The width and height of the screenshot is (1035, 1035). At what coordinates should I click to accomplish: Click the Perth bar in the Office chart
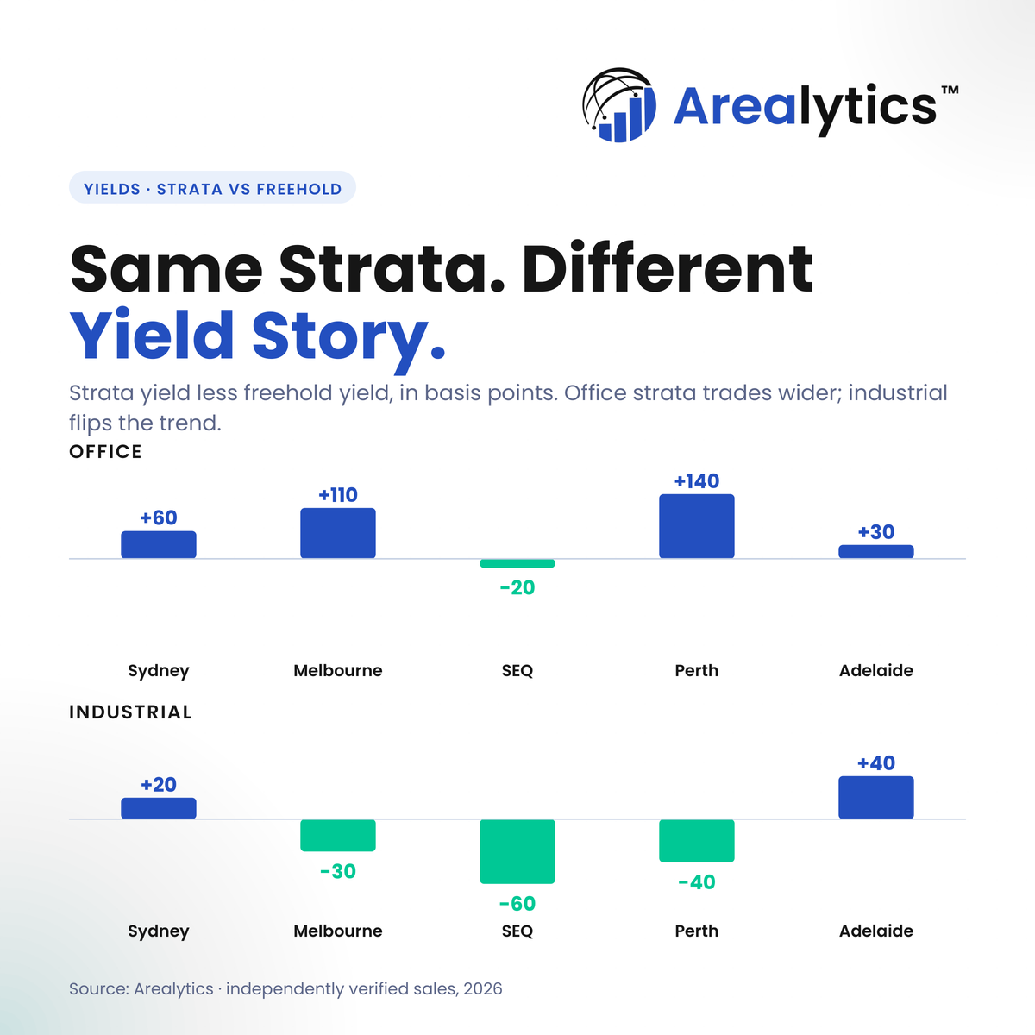pos(697,526)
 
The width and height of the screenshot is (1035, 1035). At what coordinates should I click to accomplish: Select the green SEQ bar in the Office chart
pos(517,563)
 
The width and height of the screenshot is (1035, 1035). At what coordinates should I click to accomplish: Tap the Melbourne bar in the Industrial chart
pos(338,835)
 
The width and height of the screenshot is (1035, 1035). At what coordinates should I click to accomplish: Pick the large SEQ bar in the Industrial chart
pos(517,851)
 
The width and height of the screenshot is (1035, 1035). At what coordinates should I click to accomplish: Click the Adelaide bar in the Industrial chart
pos(876,797)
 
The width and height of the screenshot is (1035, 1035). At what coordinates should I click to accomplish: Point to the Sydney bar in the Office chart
pos(159,544)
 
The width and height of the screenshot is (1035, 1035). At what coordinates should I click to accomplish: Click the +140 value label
pos(697,480)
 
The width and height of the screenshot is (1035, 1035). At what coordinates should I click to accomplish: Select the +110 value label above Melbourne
pos(338,495)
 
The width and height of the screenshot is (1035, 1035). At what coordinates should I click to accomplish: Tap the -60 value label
pos(517,903)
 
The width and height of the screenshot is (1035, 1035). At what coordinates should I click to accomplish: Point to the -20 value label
pos(517,587)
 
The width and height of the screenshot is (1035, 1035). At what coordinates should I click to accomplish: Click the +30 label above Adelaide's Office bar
pos(876,532)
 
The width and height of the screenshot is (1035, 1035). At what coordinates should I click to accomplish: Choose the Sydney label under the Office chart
pos(159,671)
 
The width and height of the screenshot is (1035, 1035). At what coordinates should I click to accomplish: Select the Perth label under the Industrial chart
pos(697,931)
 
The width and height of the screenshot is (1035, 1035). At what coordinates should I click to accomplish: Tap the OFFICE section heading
pos(105,452)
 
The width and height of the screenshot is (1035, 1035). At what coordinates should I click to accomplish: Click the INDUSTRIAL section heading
pos(130,712)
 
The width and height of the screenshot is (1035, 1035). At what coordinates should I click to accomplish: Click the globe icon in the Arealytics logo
pos(619,104)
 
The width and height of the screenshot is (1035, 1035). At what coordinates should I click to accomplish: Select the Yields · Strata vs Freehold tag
pos(212,187)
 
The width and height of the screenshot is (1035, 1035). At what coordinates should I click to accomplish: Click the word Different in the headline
pos(668,268)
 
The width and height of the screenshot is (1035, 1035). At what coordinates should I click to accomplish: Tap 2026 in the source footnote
pos(483,988)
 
